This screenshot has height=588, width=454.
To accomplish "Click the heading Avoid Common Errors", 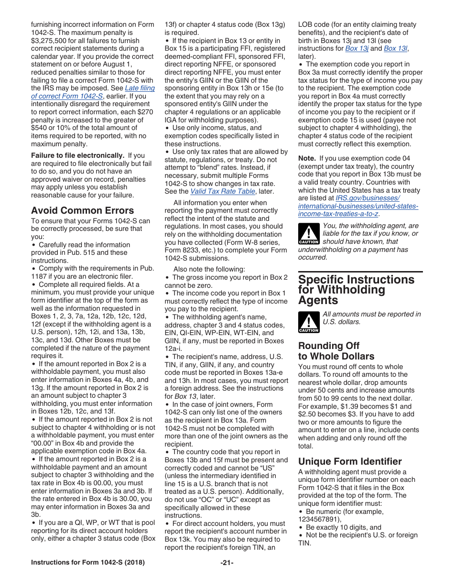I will tap(82, 210).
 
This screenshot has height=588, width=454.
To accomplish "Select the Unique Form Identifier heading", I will tap(350, 461).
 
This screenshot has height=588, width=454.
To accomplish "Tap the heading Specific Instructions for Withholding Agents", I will tap(356, 290).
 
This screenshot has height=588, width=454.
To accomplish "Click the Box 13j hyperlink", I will tap(357, 48).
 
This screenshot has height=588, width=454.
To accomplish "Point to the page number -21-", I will tap(227, 563).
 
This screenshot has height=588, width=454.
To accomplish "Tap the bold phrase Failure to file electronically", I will tap(77, 155).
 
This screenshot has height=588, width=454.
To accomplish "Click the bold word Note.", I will tap(307, 158).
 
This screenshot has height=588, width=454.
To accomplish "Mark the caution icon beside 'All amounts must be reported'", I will tap(308, 322).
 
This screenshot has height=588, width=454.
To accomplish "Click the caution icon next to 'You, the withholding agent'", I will tap(308, 234).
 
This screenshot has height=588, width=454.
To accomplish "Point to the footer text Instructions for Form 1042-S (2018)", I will tap(87, 563).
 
